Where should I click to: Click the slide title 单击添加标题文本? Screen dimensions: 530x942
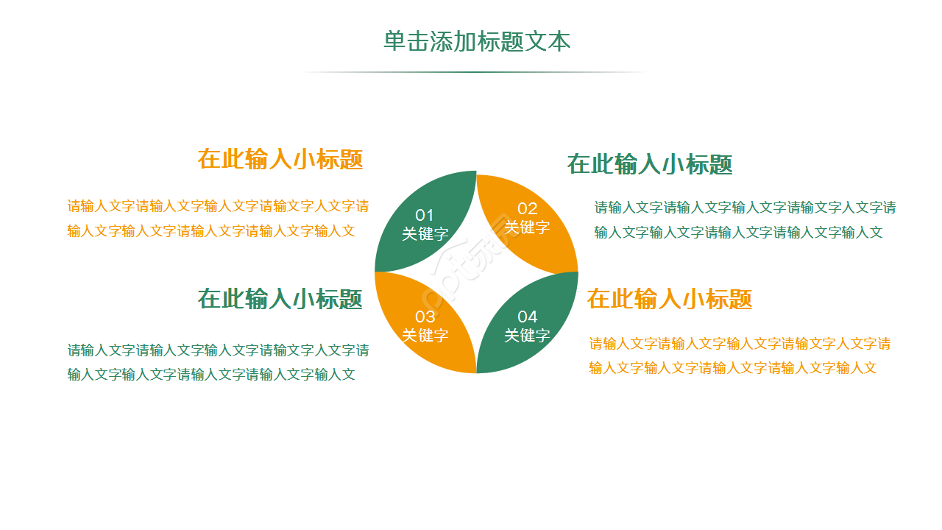pos(477,41)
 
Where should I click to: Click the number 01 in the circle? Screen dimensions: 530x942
pos(425,216)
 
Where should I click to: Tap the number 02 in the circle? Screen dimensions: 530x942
pos(528,208)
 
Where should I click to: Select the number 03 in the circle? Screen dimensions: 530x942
pos(425,317)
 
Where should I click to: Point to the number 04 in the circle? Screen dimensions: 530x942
pos(528,317)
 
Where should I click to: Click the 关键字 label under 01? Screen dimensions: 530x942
pos(425,235)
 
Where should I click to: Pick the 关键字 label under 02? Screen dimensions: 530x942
pos(528,227)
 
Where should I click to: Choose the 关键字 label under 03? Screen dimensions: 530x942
pos(425,336)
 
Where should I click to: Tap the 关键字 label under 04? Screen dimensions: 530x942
pos(528,336)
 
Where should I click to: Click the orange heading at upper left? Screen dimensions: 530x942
pos(280,159)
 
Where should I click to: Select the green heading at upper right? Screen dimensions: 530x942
pos(650,164)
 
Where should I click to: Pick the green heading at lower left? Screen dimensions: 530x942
pos(280,299)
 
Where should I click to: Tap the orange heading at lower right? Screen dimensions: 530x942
pos(670,299)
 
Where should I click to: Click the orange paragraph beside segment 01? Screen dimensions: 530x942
pos(218,219)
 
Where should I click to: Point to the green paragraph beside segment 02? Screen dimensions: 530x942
pos(745,220)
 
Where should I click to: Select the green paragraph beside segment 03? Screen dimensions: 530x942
pos(218,362)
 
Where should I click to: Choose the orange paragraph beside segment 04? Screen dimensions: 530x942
pos(740,356)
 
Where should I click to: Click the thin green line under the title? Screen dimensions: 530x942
pos(475,72)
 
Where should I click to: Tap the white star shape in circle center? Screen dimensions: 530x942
pos(476,272)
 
